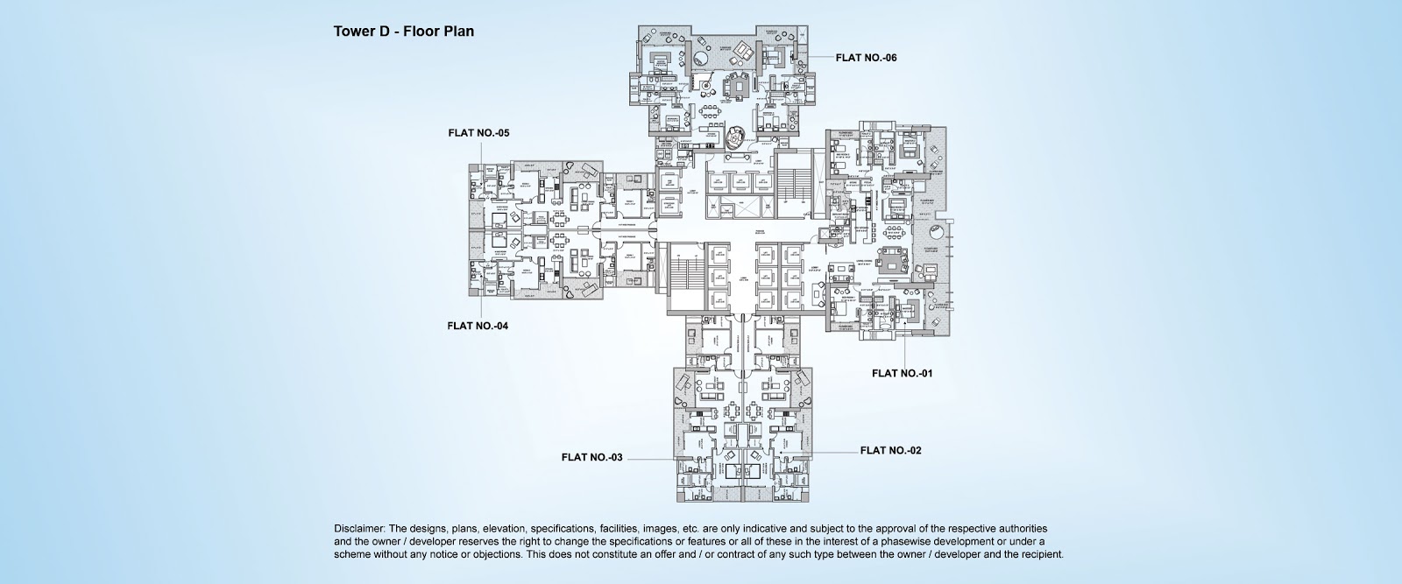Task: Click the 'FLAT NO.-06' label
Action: pos(866,58)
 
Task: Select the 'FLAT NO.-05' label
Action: pos(478,133)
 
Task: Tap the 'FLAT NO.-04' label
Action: pos(478,326)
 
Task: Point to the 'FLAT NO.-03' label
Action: pos(592,456)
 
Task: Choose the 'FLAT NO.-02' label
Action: pos(891,451)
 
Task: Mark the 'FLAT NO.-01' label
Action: pos(902,373)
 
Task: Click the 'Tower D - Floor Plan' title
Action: pos(404,32)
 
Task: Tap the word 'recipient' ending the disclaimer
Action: pos(1041,554)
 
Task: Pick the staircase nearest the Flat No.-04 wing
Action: pos(681,276)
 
